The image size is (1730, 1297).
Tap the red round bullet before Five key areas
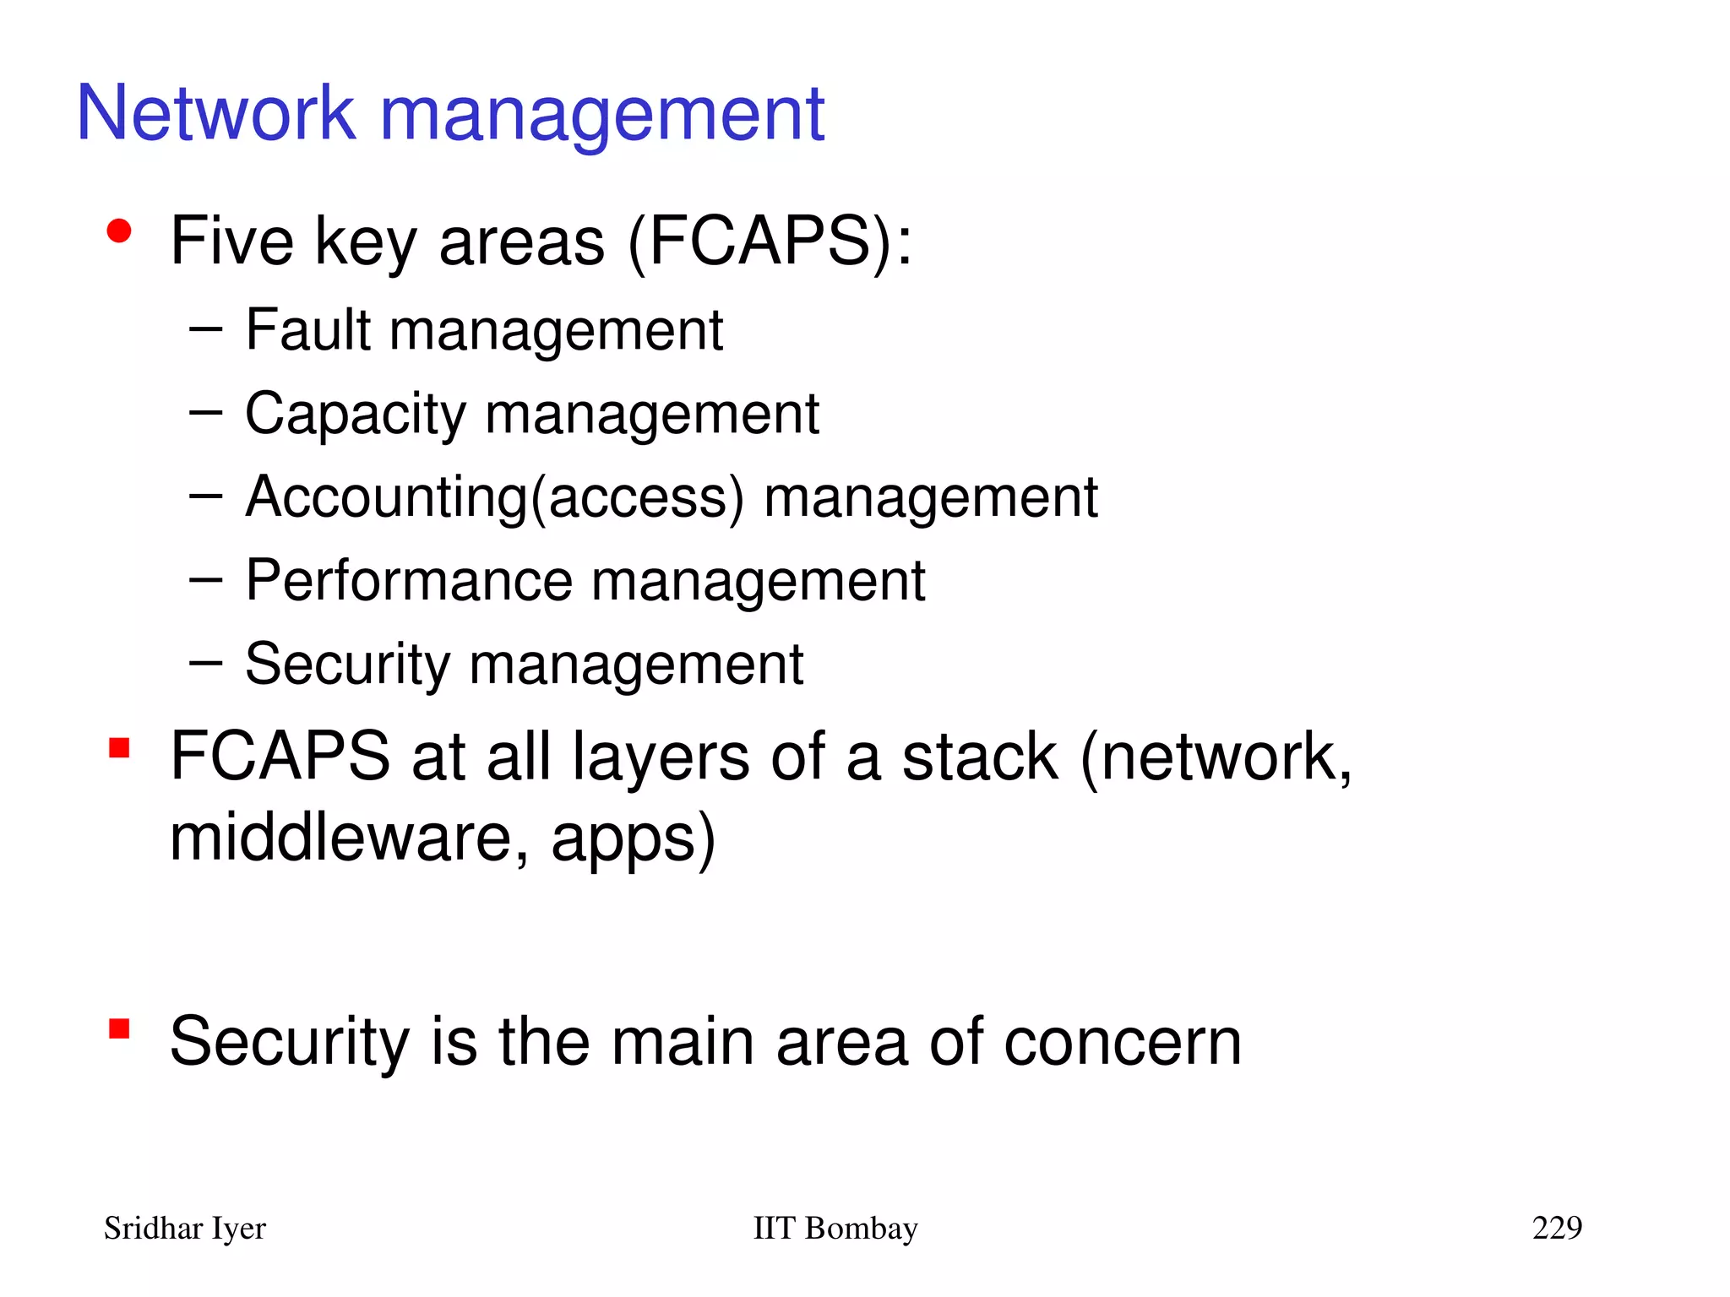tap(119, 231)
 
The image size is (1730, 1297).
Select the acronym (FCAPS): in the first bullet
tap(770, 242)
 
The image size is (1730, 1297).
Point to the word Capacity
tap(355, 415)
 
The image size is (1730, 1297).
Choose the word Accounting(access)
tap(495, 498)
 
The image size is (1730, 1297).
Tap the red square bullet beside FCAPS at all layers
tap(119, 748)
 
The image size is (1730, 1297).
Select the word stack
tap(980, 757)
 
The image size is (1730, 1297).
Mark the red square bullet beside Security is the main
tap(119, 1028)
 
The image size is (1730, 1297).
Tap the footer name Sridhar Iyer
tap(184, 1229)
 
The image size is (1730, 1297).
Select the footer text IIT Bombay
tap(835, 1229)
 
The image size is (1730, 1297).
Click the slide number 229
tap(1557, 1228)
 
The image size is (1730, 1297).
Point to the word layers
tap(661, 757)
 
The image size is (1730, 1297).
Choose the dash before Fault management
tap(205, 328)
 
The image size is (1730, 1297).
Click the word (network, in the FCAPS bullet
tap(1216, 757)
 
